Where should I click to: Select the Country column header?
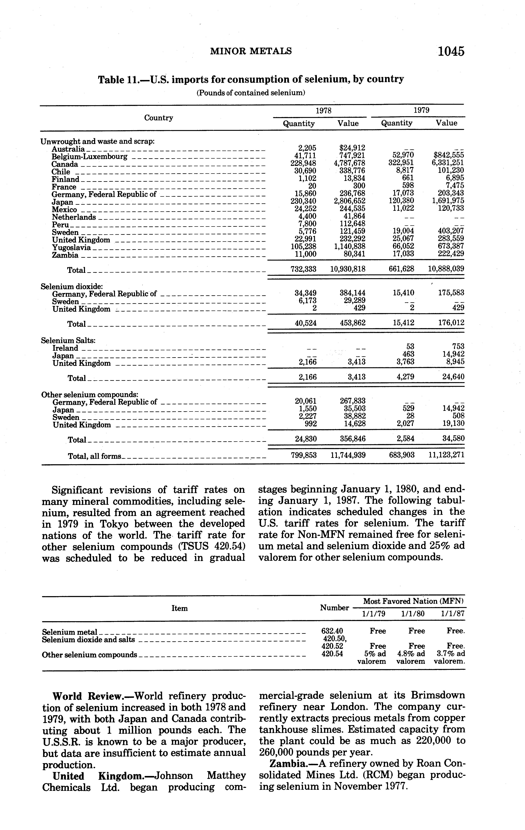(159, 118)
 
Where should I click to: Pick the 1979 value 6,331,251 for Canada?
(448, 163)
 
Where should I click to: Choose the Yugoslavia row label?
(71, 248)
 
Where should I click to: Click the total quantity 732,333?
(303, 269)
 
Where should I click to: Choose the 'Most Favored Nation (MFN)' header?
(413, 601)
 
